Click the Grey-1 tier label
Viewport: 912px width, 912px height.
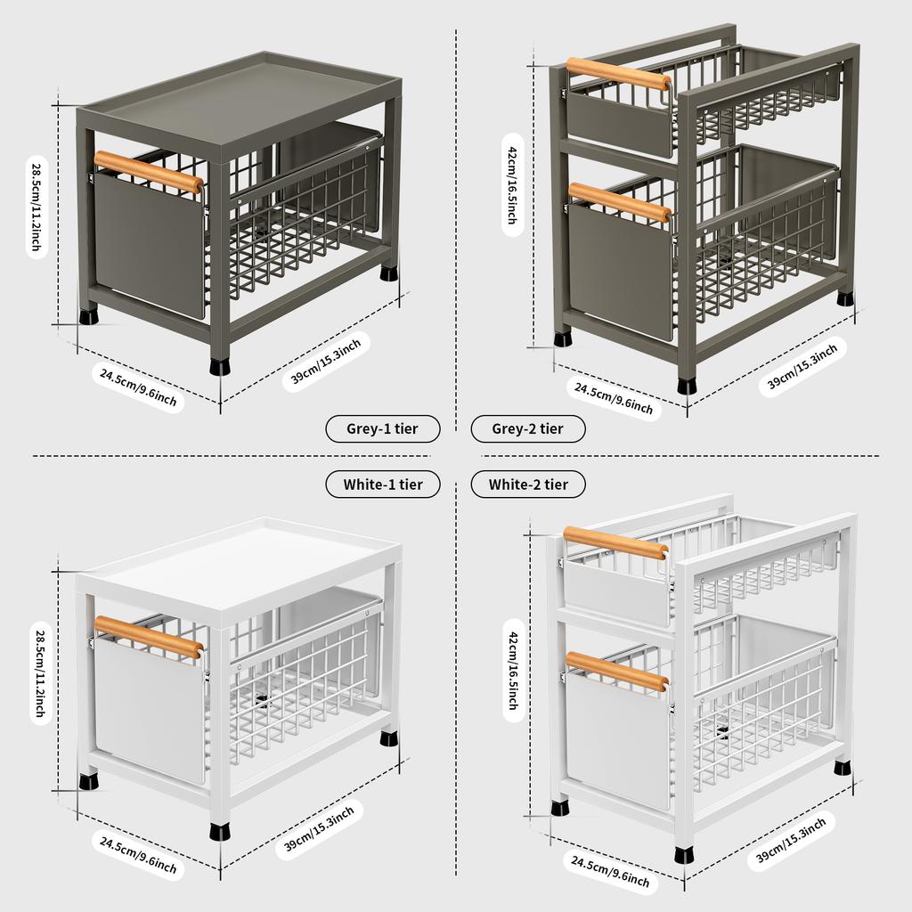tap(382, 429)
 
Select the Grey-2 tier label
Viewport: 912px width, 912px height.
tap(528, 429)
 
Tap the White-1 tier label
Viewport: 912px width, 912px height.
tap(382, 484)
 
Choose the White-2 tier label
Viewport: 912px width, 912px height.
tap(528, 484)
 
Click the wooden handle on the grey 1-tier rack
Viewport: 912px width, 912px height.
tap(148, 172)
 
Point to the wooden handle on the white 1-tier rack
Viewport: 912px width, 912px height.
tap(148, 637)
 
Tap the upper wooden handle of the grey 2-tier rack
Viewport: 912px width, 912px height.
tap(617, 74)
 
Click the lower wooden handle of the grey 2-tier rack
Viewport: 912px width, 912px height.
tap(618, 203)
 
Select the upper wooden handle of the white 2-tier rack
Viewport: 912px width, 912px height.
tap(615, 542)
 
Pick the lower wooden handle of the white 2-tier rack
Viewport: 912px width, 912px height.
tap(616, 672)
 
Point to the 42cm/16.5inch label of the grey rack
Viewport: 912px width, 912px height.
tap(512, 184)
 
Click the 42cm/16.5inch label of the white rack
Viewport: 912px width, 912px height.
tap(512, 669)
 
